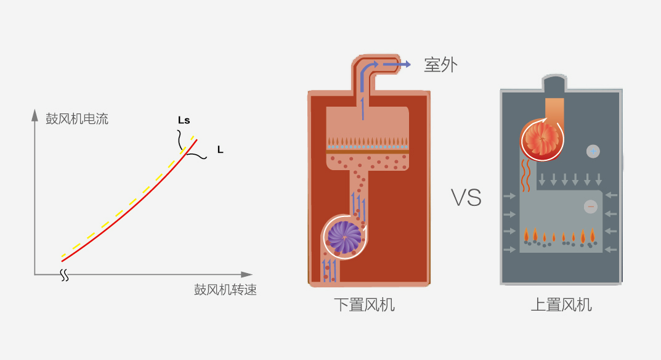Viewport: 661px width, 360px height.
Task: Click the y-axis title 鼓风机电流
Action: coord(77,119)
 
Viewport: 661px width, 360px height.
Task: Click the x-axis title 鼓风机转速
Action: coord(225,290)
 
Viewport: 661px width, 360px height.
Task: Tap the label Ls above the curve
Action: coord(184,120)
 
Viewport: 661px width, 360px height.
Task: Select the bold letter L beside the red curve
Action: coord(220,149)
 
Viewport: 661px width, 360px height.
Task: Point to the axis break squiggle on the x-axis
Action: coord(65,275)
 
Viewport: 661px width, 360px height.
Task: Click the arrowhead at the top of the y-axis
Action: coord(35,115)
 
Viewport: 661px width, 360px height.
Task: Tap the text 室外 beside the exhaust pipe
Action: coord(440,65)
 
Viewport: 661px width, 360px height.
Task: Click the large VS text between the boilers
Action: coord(466,197)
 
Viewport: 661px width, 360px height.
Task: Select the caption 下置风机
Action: coord(364,305)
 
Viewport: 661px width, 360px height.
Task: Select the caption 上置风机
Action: coord(561,305)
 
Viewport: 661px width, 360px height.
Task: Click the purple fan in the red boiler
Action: coord(344,237)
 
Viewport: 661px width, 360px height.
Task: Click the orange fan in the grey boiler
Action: coord(542,139)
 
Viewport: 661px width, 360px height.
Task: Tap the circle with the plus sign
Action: coord(593,151)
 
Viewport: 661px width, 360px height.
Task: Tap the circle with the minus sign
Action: coord(591,207)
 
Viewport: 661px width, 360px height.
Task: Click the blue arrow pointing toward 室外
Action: coord(397,64)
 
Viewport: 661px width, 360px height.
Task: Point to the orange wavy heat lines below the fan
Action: coord(525,175)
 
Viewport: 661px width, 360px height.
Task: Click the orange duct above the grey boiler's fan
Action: coord(554,110)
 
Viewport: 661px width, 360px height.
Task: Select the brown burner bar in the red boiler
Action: coord(368,150)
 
